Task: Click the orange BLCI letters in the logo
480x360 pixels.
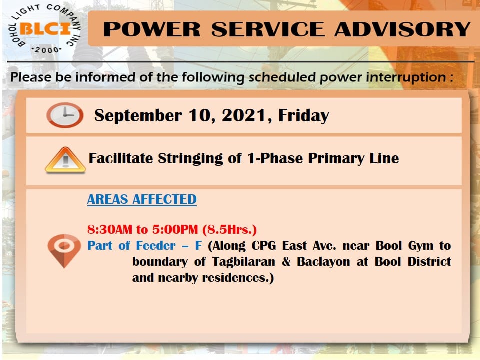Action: coord(45,29)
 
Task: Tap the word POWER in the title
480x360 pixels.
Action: coord(152,29)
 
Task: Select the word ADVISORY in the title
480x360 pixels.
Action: coord(402,29)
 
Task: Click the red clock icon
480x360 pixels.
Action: coord(65,115)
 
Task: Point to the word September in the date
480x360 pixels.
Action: coord(138,116)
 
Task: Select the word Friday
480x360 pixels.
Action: coord(303,116)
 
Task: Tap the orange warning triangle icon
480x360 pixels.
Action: coord(65,160)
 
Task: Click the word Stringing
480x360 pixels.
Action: coord(190,159)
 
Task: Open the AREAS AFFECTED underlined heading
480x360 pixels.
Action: coord(142,199)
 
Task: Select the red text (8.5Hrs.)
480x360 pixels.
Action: coord(229,229)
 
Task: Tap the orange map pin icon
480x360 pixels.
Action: coord(64,250)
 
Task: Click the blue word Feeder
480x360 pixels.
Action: coord(156,246)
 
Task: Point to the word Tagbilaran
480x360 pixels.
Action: coord(243,262)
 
